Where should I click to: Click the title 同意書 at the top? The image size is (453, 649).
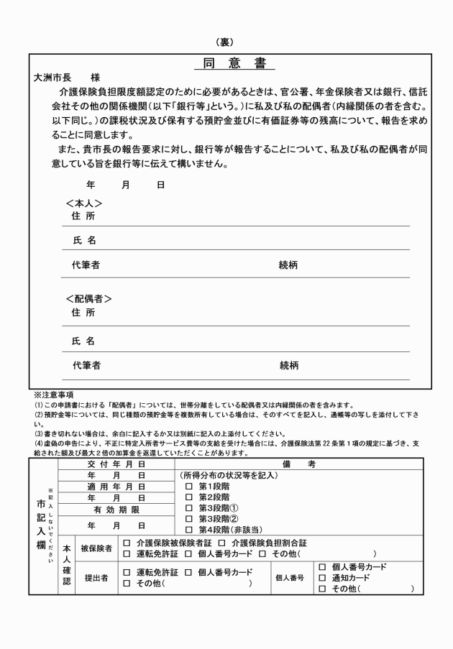pos(234,63)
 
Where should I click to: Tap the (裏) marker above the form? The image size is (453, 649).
pos(226,42)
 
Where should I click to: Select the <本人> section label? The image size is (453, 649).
pos(84,203)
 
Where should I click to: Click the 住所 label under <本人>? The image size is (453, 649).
pos(83,216)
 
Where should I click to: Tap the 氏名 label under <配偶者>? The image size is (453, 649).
pos(83,341)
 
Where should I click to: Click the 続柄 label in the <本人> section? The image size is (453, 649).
pos(288,265)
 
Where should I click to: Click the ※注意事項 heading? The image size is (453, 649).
pos(54,395)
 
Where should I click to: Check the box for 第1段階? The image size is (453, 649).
pos(189,487)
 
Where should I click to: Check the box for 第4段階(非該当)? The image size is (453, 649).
pos(189,530)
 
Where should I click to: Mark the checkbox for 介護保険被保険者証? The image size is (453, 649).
pos(127,543)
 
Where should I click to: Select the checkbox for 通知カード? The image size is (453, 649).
pos(321,577)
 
